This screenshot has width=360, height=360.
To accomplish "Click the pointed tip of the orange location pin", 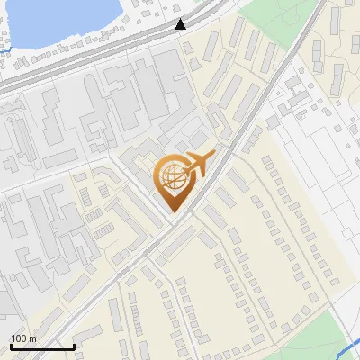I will tap(172, 210).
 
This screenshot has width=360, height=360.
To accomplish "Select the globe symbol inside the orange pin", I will tap(172, 175).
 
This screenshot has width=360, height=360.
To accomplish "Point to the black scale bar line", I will tap(41, 346).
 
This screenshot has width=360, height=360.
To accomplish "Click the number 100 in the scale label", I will tap(19, 338).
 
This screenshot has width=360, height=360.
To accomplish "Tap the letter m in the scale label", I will tap(32, 338).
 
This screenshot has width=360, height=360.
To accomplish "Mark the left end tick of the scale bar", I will tap(10, 345).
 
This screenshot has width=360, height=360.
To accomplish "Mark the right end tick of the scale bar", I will tap(74, 345).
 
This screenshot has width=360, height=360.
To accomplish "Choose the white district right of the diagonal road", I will tap(306, 153).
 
